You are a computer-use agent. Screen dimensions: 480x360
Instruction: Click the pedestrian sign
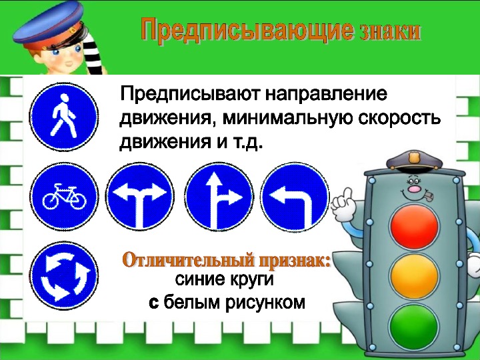(64, 117)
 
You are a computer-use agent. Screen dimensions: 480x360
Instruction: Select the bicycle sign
(64, 196)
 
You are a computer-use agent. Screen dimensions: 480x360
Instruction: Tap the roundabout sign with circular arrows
(64, 275)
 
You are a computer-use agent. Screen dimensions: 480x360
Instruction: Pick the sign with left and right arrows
(140, 196)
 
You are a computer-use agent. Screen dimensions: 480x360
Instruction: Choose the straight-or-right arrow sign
(219, 196)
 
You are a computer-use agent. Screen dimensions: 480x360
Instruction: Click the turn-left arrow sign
(295, 196)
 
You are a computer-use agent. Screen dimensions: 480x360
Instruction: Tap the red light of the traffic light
(414, 227)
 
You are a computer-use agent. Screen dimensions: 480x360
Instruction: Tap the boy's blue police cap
(49, 25)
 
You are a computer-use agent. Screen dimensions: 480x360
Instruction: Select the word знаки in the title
(390, 31)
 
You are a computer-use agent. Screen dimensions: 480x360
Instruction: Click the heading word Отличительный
(189, 260)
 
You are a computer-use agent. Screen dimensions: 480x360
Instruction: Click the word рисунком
(265, 303)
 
